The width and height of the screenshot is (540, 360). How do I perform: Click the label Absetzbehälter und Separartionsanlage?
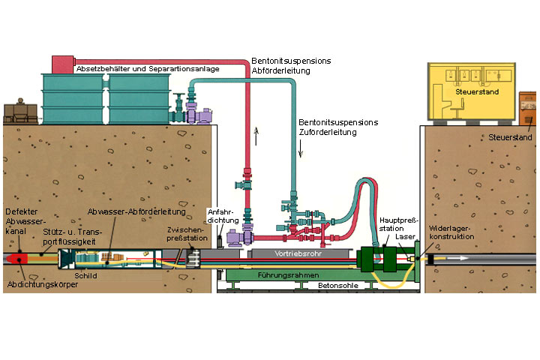pyautogui.click(x=148, y=69)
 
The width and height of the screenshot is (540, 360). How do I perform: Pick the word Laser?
pyautogui.click(x=406, y=236)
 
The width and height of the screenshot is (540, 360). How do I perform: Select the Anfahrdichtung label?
pyautogui.click(x=223, y=215)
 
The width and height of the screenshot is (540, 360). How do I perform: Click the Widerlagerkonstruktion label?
pyautogui.click(x=453, y=232)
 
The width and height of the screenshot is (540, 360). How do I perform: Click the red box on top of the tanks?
pyautogui.click(x=62, y=63)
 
